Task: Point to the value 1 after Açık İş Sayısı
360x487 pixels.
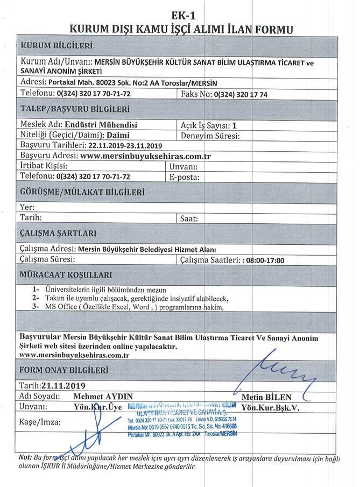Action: [x=234, y=124]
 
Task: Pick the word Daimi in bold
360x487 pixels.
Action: [x=117, y=135]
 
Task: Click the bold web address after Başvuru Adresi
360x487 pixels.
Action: [x=145, y=156]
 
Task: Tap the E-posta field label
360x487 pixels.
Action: [x=185, y=176]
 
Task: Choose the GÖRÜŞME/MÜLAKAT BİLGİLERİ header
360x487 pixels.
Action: [x=83, y=192]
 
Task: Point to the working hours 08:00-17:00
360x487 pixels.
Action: [x=266, y=260]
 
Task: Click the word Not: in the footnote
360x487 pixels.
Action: [x=25, y=457]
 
